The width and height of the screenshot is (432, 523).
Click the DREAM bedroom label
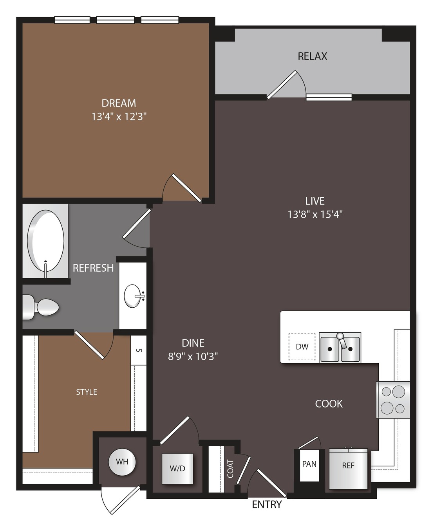[119, 103]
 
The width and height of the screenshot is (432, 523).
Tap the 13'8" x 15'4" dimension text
[315, 215]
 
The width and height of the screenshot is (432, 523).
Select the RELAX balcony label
[313, 56]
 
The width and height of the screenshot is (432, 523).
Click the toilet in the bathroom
[40, 307]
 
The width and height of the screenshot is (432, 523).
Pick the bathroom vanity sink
[133, 296]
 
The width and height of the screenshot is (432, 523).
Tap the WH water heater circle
[122, 462]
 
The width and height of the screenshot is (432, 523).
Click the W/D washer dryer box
[177, 469]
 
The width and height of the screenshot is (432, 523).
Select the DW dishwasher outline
[302, 347]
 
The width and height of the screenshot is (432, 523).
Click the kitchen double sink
[340, 348]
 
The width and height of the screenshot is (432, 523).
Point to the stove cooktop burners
[393, 400]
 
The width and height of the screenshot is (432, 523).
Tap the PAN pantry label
[309, 464]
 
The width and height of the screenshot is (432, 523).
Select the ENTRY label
[267, 505]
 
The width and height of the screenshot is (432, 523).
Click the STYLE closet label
[87, 392]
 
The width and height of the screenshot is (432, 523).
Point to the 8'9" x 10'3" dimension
[193, 356]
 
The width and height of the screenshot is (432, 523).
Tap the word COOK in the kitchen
[329, 404]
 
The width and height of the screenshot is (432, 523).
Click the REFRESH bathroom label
[93, 268]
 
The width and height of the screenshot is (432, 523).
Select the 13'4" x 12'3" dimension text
[119, 117]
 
